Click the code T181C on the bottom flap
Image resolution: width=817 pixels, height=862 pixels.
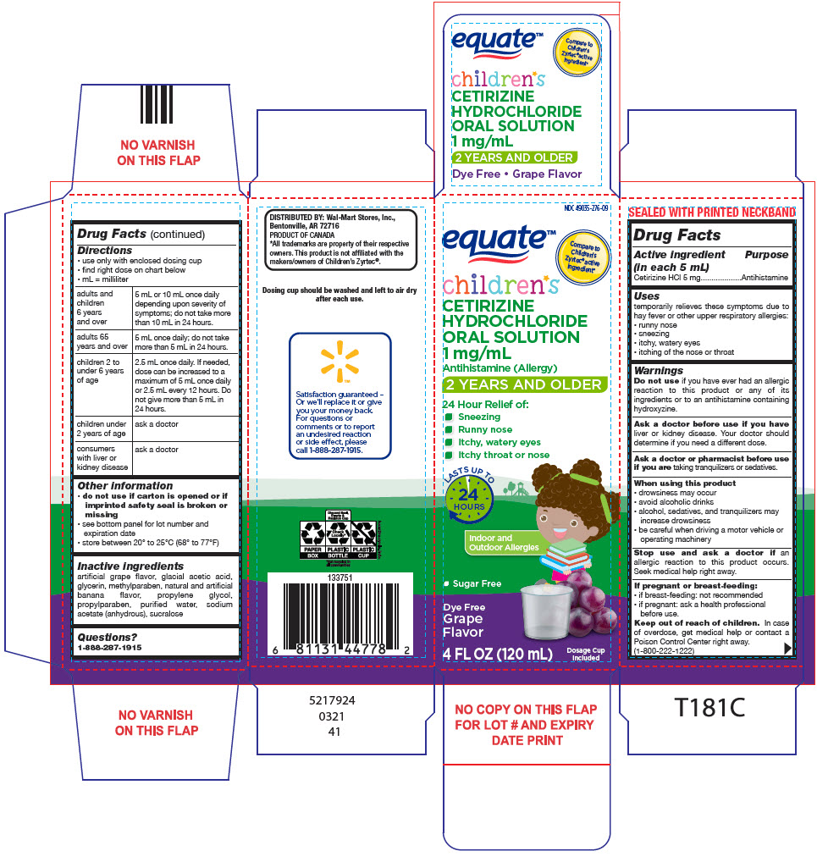click(709, 709)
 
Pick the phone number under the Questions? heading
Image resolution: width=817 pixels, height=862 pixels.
click(110, 647)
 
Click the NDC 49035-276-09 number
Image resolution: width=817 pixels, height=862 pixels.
click(586, 207)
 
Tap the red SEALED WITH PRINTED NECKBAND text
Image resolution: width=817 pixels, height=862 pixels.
click(712, 212)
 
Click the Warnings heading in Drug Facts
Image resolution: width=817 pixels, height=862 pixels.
click(659, 370)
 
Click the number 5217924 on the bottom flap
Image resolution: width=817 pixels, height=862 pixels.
click(334, 701)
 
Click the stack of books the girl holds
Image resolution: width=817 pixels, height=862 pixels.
click(566, 555)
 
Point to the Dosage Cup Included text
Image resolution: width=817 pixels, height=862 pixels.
click(585, 653)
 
